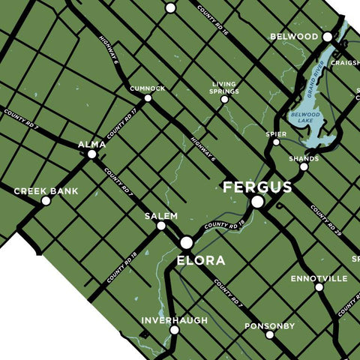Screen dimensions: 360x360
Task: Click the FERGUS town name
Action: (x=256, y=187)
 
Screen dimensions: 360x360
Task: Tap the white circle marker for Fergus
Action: (x=257, y=202)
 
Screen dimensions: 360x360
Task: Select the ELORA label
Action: (x=200, y=260)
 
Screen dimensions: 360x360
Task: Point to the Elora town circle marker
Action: (x=186, y=242)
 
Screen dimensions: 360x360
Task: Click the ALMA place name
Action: (x=91, y=144)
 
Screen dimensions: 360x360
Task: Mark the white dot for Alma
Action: (x=91, y=154)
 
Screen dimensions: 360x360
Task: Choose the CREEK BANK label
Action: (x=46, y=191)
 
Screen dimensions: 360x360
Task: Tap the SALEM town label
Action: (x=161, y=216)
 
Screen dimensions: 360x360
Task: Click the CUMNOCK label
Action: (x=147, y=88)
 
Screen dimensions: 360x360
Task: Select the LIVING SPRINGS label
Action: (x=224, y=88)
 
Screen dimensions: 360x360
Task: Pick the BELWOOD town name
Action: (x=294, y=36)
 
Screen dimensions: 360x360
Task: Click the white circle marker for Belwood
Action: (x=327, y=36)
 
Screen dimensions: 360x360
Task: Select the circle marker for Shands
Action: (x=304, y=166)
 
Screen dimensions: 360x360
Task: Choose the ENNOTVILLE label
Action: (x=319, y=278)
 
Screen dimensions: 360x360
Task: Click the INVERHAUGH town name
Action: (x=174, y=320)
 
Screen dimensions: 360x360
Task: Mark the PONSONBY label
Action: (x=269, y=326)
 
